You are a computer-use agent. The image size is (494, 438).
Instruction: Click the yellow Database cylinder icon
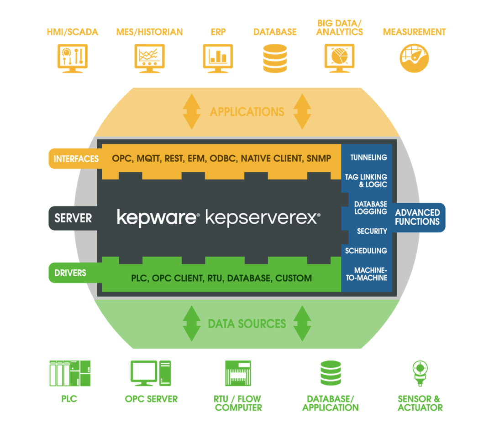tap(275, 58)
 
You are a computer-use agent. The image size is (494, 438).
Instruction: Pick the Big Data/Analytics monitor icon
tap(340, 58)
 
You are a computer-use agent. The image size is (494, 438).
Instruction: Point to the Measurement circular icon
tap(414, 58)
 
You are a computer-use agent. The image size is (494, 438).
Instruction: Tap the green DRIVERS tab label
tap(70, 273)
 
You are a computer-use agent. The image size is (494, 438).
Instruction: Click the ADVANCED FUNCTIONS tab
tap(417, 217)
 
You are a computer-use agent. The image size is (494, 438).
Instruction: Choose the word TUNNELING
tap(368, 158)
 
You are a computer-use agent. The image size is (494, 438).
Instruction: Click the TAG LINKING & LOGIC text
tap(366, 180)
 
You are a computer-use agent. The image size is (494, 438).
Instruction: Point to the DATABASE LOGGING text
tap(370, 208)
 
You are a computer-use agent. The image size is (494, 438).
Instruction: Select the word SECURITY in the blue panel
tap(372, 231)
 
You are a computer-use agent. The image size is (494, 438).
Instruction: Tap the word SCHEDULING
tap(366, 251)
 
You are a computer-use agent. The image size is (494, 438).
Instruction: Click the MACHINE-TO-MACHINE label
tap(366, 274)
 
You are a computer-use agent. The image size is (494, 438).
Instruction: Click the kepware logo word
tap(158, 217)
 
